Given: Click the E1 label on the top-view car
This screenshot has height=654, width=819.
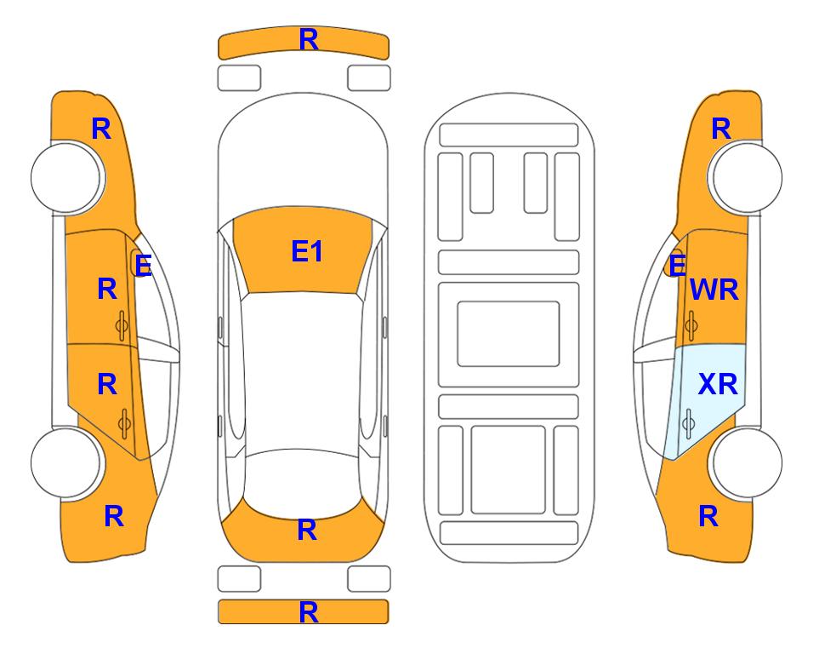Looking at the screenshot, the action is coord(307,251).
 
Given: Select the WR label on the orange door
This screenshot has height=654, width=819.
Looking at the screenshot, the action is coord(714,290).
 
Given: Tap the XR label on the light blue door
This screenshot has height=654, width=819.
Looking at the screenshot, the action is coord(718,385).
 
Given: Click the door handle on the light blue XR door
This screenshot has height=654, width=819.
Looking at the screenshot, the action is coord(688,423).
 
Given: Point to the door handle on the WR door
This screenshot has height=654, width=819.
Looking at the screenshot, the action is coord(691,325).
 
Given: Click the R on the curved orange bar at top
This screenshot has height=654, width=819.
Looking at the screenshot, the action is coord(309,40).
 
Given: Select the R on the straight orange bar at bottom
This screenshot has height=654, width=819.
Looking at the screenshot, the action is coord(309,612).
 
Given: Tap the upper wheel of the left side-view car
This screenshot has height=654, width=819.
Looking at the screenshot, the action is coord(66,178).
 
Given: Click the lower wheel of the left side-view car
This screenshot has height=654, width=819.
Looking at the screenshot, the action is coord(66,462).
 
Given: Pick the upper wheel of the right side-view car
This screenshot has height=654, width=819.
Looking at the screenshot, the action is coord(746,178).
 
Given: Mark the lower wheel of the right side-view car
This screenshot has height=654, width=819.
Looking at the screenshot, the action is coord(746,462).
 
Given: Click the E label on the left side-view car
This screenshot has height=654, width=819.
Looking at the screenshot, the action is coord(143,266).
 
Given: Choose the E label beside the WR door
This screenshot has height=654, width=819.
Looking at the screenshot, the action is coord(678,266).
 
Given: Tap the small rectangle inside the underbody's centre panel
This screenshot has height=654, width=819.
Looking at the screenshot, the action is coord(509,334).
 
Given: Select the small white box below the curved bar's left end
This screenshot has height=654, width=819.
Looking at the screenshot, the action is coord(239,78).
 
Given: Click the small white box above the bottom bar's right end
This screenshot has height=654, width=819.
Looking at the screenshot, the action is coord(369,579).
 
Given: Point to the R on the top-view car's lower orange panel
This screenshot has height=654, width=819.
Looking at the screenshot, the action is coord(307,531).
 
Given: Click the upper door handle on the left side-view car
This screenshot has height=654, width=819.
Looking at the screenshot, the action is coord(122,325).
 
